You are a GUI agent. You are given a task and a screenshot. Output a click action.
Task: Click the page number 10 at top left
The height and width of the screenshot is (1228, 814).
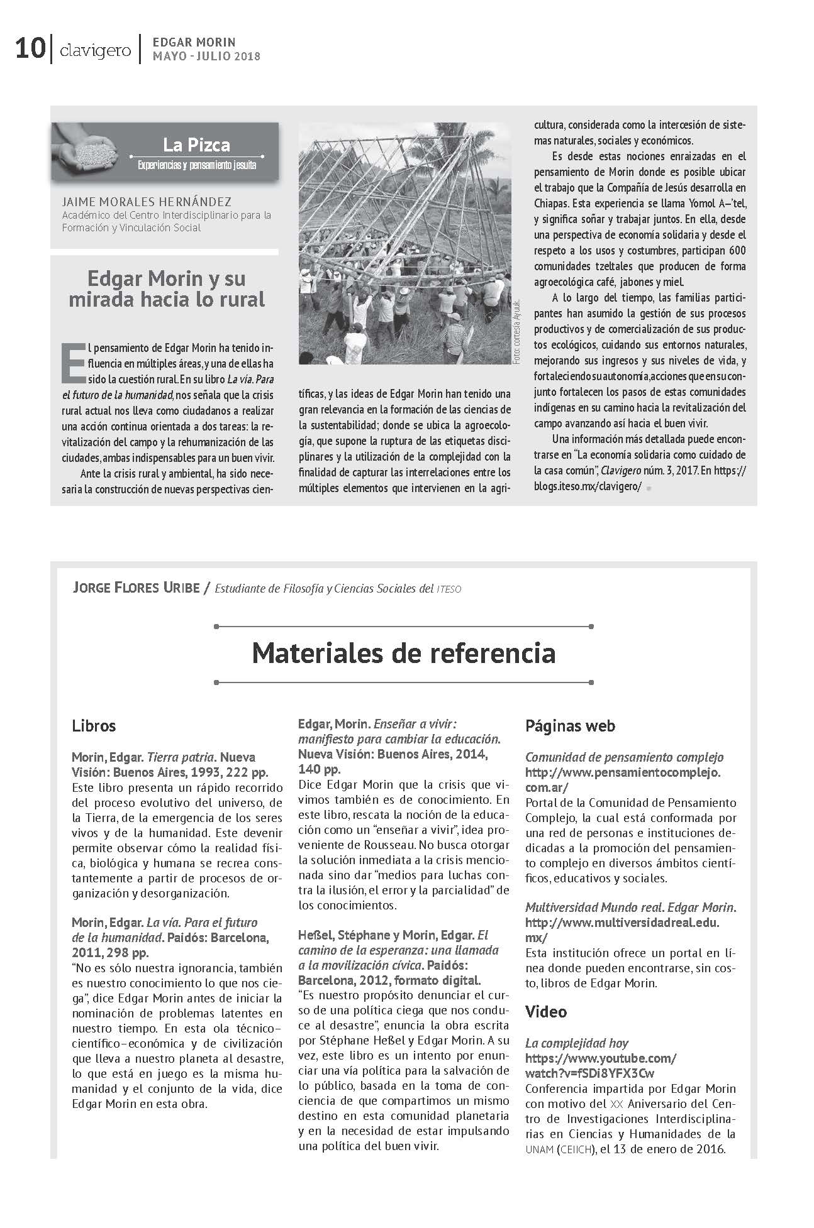[x=30, y=48]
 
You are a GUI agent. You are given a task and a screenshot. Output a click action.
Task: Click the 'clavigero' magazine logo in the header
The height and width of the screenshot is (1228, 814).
[x=95, y=50]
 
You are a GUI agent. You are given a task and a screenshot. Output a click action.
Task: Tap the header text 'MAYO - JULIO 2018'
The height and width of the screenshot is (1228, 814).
[x=206, y=57]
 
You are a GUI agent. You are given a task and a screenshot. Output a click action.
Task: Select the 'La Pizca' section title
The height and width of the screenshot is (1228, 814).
[x=196, y=145]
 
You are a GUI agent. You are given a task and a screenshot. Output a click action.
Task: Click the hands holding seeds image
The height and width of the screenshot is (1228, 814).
[x=87, y=150]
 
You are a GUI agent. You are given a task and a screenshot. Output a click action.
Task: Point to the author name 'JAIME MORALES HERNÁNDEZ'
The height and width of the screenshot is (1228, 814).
[x=147, y=202]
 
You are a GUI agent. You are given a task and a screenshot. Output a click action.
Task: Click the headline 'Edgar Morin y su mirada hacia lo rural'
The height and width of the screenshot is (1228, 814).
[x=166, y=288]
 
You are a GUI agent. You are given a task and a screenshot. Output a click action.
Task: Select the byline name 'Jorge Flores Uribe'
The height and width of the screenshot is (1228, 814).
[x=135, y=588]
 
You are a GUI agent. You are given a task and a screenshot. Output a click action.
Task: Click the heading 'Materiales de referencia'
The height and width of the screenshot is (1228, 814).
[x=404, y=653]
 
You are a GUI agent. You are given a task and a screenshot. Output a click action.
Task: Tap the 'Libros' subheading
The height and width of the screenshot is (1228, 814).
[x=94, y=726]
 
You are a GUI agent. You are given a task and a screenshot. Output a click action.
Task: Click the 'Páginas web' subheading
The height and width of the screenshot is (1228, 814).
[x=570, y=726]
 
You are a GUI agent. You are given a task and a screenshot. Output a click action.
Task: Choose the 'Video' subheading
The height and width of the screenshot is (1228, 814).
[x=546, y=1012]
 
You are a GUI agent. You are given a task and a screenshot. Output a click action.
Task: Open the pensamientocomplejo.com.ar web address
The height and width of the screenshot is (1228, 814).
[x=623, y=779]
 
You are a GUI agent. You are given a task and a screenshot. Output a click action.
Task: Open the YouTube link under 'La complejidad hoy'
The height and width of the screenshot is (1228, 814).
[x=600, y=1065]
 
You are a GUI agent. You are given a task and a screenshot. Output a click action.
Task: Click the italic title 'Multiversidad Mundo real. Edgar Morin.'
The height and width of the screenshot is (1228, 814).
[x=630, y=907]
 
